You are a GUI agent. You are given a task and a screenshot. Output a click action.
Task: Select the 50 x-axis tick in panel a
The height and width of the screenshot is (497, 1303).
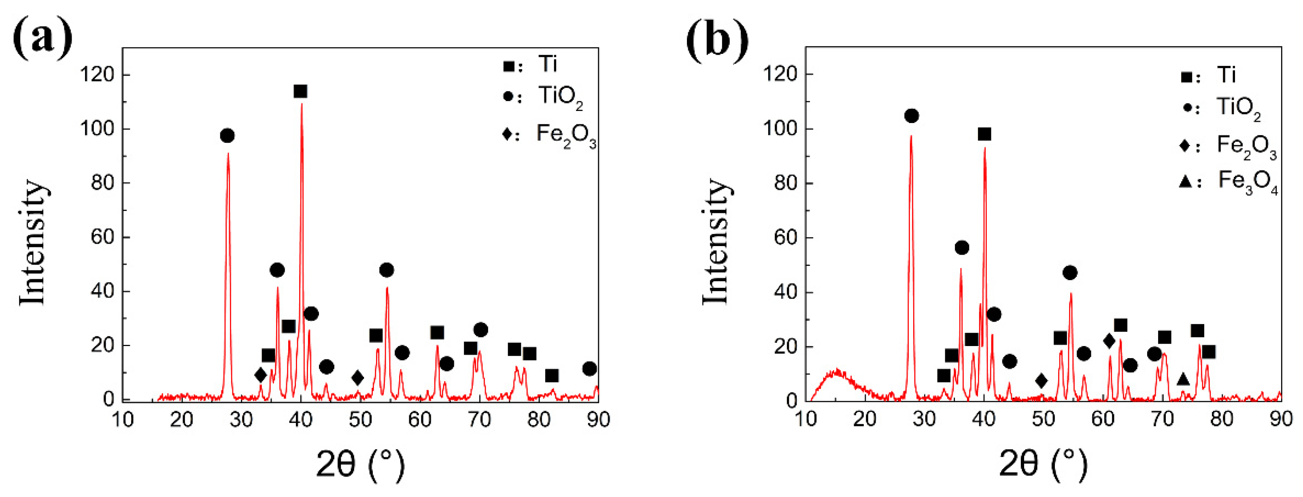coord(360,420)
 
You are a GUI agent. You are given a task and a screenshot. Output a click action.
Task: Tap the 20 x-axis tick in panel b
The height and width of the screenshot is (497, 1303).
coord(865,420)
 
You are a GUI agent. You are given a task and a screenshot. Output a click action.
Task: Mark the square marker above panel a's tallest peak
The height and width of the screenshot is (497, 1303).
coord(300,91)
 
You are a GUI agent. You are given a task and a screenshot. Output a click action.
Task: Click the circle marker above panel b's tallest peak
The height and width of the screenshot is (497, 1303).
coord(912,116)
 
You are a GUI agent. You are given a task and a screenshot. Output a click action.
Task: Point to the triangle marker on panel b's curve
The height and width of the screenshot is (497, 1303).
coord(1183,379)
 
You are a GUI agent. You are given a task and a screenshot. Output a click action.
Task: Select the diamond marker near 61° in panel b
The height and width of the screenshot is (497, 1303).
coord(1109,341)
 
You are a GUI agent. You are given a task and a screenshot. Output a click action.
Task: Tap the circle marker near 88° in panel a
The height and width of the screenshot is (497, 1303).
coord(589,369)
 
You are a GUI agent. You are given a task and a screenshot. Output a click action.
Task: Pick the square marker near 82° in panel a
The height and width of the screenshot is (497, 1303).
coord(552,376)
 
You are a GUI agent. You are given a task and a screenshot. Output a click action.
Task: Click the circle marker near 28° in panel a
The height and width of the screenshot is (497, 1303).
coord(227,136)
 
